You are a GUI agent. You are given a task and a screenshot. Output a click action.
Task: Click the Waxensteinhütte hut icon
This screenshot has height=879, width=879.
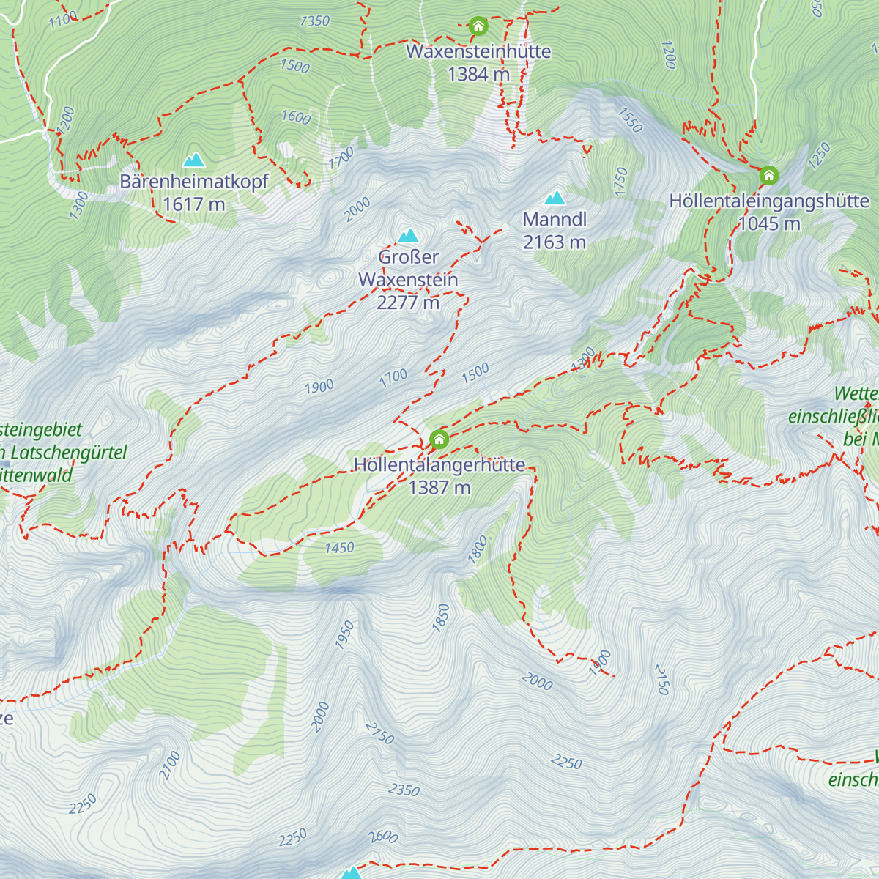click(x=478, y=27)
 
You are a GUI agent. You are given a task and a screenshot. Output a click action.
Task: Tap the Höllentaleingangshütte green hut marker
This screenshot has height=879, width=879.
click(x=768, y=176)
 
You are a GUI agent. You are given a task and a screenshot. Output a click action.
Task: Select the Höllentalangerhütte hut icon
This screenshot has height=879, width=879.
click(x=439, y=439)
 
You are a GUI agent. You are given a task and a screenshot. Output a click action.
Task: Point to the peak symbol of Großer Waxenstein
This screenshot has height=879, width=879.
click(x=408, y=235)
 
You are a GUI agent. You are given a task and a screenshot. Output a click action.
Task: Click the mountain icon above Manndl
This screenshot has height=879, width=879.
click(x=555, y=198)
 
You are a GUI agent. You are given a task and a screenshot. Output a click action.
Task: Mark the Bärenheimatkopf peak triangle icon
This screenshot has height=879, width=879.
click(x=194, y=160)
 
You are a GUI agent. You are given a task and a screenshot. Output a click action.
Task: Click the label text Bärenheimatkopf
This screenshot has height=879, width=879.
click(x=194, y=182)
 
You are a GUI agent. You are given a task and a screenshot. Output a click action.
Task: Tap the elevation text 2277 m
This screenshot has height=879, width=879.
click(x=408, y=302)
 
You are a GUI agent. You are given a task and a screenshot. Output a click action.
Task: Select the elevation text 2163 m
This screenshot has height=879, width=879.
click(x=555, y=242)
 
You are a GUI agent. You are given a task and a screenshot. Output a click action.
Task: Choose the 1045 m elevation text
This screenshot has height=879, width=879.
click(x=769, y=223)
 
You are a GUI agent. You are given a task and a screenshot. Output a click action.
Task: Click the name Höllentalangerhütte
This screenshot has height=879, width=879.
click(x=439, y=465)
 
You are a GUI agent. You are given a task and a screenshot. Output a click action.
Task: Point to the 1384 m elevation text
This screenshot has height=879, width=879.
click(x=478, y=74)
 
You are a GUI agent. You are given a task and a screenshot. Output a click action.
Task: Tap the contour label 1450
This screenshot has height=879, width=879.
click(x=339, y=547)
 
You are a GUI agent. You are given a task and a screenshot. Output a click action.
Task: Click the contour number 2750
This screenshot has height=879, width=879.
click(x=380, y=732)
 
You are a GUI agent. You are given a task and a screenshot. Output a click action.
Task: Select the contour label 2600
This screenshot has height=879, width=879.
click(x=383, y=837)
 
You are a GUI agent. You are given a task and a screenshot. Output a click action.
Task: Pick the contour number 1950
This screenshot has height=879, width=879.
click(x=345, y=634)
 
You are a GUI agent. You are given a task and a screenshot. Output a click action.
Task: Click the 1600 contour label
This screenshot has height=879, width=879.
click(x=296, y=117)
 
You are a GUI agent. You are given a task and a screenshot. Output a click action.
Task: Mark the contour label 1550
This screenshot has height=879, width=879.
click(x=630, y=120)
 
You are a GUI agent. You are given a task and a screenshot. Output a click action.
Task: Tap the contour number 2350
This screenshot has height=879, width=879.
click(x=404, y=790)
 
